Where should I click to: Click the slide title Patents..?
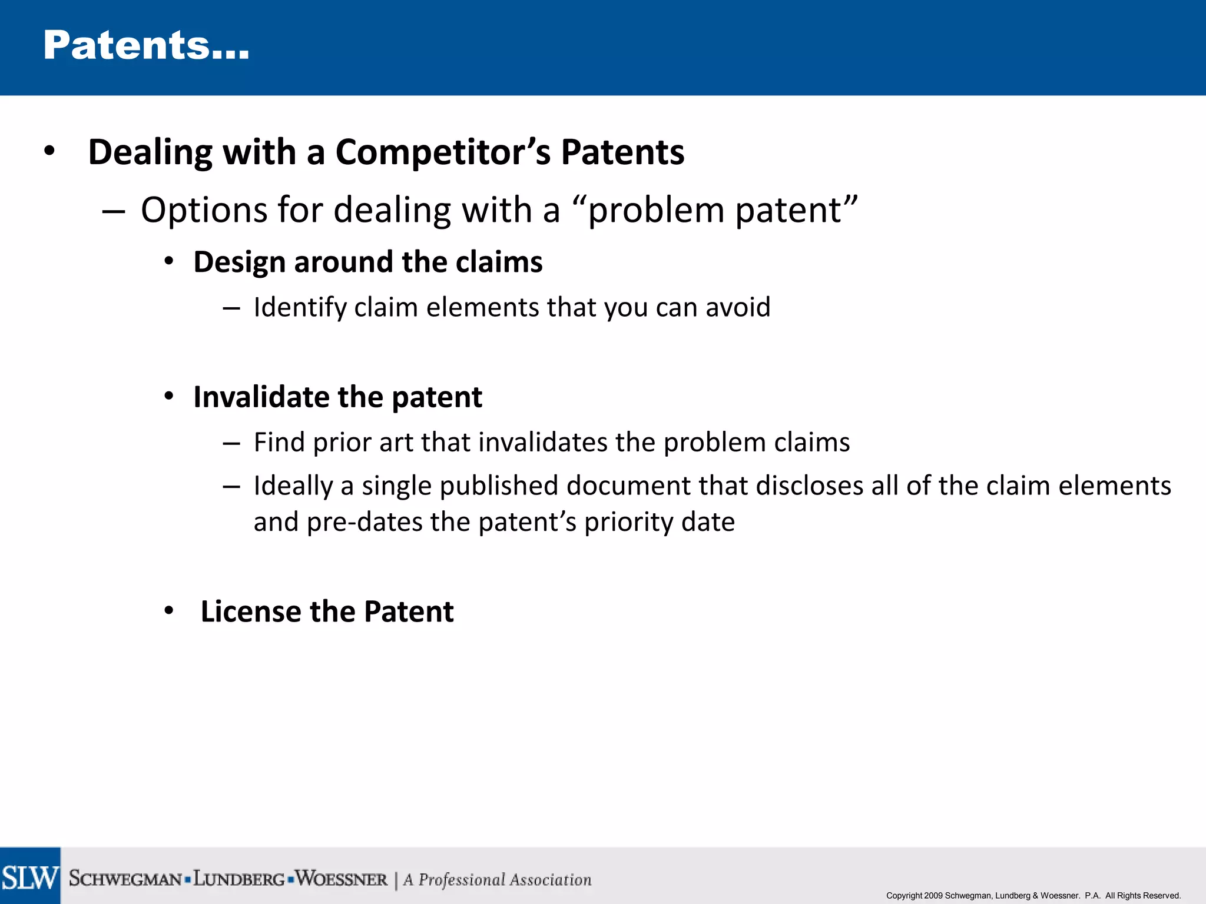(x=146, y=46)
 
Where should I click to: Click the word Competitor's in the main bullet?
(x=443, y=152)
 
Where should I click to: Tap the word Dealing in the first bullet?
(x=150, y=153)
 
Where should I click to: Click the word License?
(x=250, y=611)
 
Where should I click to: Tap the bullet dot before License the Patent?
(x=169, y=611)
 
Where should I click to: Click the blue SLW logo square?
(x=30, y=876)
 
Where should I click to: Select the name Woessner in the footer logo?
(x=341, y=879)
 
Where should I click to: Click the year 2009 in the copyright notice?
(x=933, y=896)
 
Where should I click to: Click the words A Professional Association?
(x=497, y=880)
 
